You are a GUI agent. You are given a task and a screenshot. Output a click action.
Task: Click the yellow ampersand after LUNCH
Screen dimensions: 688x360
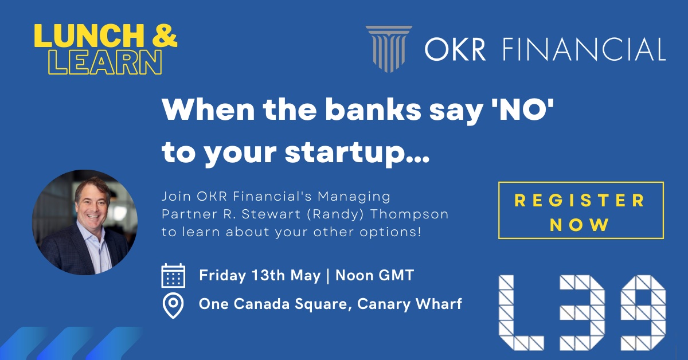click(x=165, y=36)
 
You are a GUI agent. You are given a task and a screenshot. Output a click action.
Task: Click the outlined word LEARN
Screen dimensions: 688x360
click(x=105, y=62)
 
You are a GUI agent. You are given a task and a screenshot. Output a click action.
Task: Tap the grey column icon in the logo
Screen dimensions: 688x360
click(x=389, y=49)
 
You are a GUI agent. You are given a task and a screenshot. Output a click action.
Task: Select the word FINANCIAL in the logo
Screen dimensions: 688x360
click(x=584, y=49)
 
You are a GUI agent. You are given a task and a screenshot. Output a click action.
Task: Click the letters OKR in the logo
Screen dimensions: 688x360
click(x=455, y=49)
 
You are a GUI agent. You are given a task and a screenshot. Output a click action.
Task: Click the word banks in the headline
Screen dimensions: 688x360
click(x=373, y=109)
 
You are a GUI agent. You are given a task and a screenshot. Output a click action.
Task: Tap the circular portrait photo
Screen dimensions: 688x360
click(x=85, y=222)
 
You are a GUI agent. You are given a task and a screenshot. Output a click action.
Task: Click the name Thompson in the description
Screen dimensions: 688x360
click(x=409, y=214)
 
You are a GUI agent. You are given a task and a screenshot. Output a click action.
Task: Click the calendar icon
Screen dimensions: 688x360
click(x=173, y=276)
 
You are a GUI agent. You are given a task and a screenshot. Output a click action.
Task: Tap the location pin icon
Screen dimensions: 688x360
click(x=173, y=306)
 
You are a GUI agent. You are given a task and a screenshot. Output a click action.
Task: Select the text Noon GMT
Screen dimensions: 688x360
click(x=375, y=275)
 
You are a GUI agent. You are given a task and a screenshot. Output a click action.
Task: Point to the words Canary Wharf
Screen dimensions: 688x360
click(x=409, y=304)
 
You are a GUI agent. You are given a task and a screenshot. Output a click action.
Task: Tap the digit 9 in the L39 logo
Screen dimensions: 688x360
click(x=643, y=312)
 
